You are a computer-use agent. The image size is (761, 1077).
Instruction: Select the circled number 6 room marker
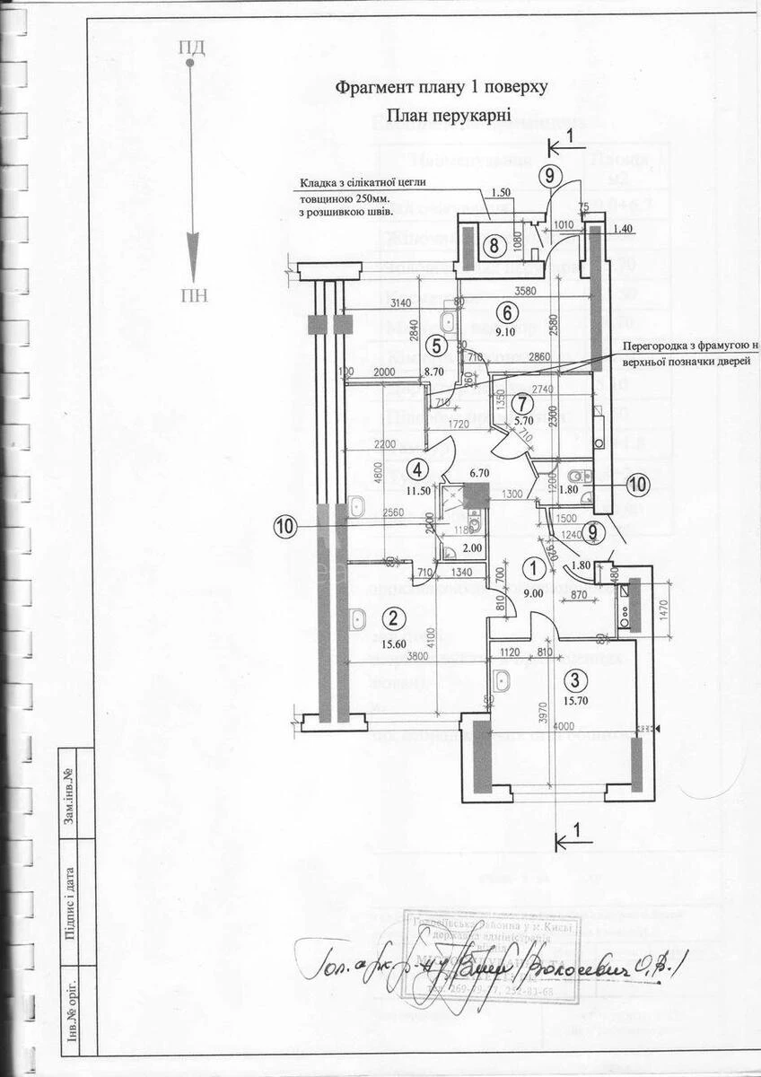click(x=507, y=313)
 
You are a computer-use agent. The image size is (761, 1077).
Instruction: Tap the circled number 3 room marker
click(x=581, y=679)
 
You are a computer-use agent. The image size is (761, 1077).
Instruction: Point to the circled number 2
click(x=392, y=617)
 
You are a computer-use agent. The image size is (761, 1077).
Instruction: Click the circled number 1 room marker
click(x=534, y=567)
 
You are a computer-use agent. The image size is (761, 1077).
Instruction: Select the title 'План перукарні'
click(x=449, y=115)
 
